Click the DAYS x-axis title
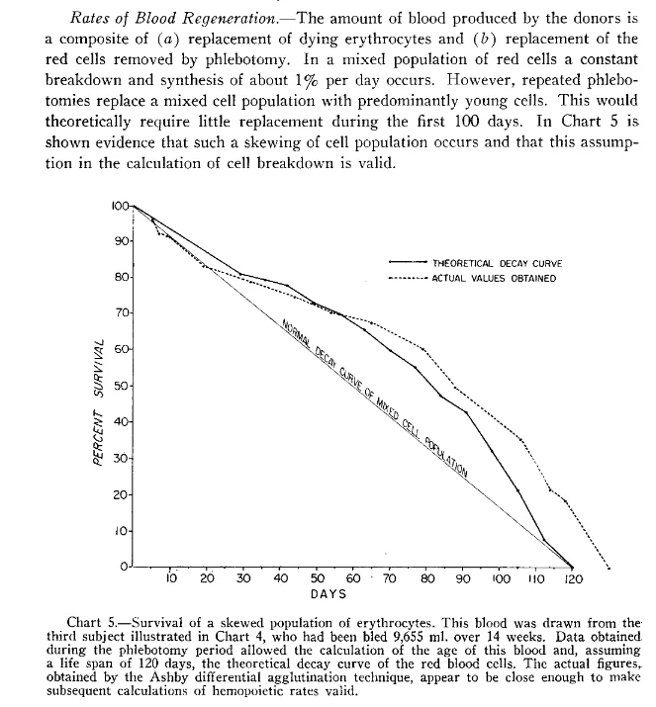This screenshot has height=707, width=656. coord(328,595)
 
